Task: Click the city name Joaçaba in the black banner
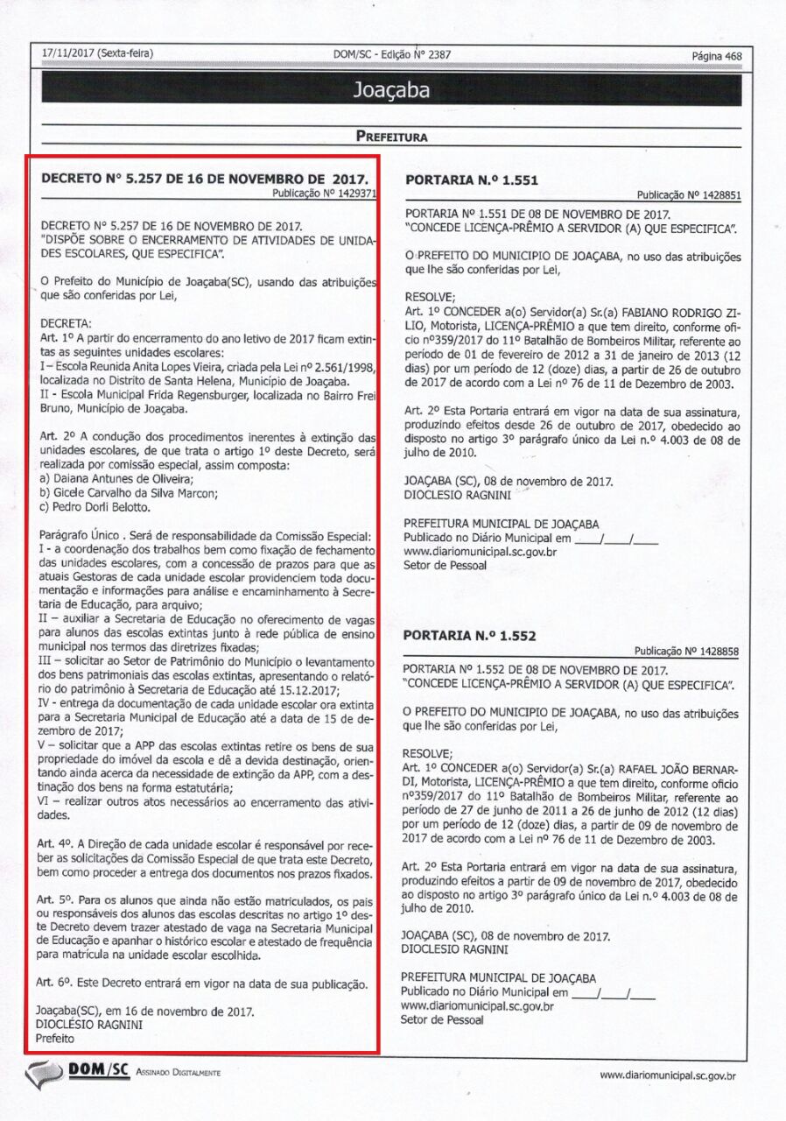pos(392,89)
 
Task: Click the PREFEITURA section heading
pos(391,137)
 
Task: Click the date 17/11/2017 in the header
pos(69,53)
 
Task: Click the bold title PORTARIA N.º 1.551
pos(471,181)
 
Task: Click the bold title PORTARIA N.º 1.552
pos(470,636)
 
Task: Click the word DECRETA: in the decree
pos(66,322)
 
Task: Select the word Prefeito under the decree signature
pos(55,1038)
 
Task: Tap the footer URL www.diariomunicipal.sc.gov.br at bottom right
pos(667,1075)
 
